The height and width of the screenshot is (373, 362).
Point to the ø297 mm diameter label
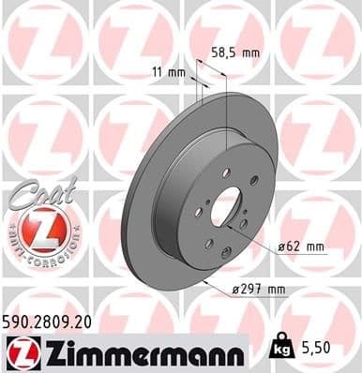click(x=257, y=290)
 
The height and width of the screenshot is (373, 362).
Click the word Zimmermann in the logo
click(x=132, y=353)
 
